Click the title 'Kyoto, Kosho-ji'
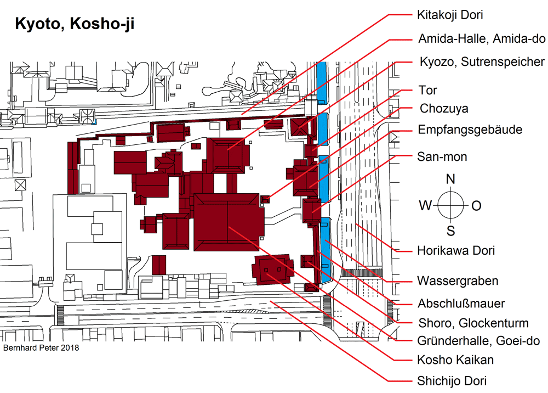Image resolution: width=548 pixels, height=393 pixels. click(75, 24)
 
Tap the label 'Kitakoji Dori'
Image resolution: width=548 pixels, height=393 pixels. click(450, 15)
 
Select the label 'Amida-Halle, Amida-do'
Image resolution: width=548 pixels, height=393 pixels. click(482, 38)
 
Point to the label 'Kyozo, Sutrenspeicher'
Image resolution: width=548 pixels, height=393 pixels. click(482, 61)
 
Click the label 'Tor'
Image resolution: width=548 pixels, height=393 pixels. click(428, 90)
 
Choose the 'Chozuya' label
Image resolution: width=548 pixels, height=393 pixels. click(444, 109)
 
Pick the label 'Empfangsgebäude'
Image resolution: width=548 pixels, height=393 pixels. click(470, 130)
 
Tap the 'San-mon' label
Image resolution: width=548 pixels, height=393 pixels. click(442, 156)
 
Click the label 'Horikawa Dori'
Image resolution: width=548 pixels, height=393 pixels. click(456, 251)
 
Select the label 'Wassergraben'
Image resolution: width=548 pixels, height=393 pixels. click(458, 281)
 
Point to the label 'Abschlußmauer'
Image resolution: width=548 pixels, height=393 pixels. click(461, 304)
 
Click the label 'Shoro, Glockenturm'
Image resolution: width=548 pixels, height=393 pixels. click(473, 323)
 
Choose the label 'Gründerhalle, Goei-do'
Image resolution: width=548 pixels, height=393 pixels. click(478, 340)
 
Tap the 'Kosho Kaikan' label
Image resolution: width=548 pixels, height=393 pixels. click(455, 360)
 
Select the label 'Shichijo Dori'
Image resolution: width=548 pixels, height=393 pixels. click(452, 381)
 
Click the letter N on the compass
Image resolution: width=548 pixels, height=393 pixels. click(450, 179)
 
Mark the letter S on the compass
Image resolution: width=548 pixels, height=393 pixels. click(451, 231)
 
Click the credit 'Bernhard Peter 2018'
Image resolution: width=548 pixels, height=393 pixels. click(41, 348)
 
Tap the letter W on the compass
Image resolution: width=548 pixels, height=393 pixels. click(425, 205)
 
